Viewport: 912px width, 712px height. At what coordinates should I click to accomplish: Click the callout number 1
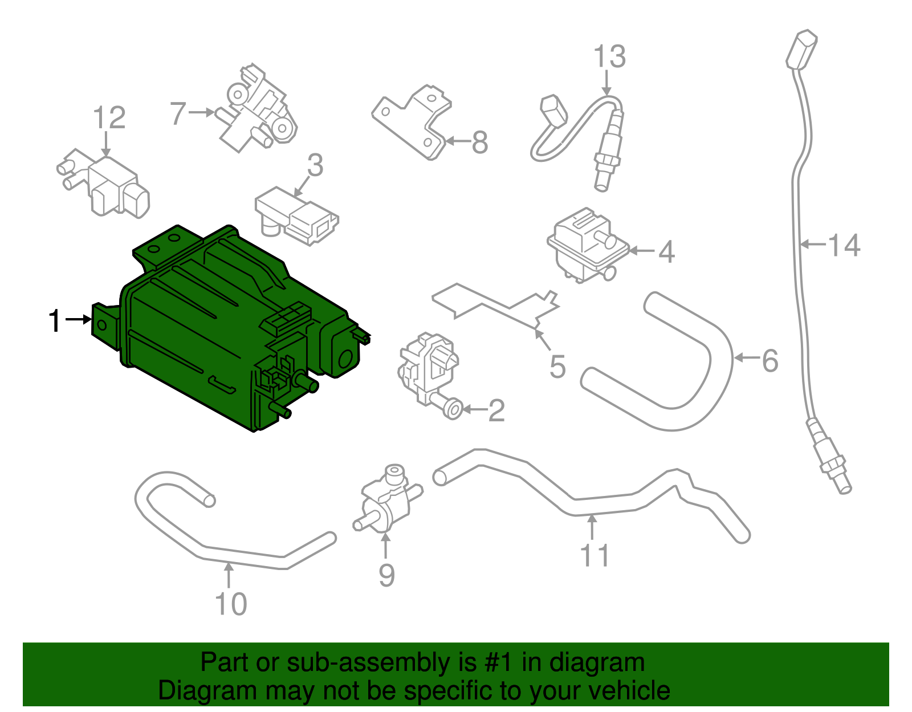[x=54, y=320]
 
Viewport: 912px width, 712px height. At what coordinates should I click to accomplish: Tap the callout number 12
[x=109, y=118]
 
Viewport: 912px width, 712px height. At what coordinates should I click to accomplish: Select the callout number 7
[x=178, y=113]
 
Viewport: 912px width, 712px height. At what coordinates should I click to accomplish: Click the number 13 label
[x=609, y=57]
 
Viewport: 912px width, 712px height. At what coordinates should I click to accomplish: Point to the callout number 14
[x=844, y=245]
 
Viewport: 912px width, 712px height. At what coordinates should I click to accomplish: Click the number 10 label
[x=231, y=604]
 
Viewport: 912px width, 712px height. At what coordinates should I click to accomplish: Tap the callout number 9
[x=386, y=575]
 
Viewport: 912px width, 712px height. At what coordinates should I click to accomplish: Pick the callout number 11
[x=595, y=555]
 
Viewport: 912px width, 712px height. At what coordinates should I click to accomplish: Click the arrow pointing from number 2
[x=474, y=409]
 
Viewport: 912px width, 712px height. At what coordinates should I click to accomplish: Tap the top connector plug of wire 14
[x=802, y=50]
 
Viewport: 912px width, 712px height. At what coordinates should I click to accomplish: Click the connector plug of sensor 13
[x=553, y=111]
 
